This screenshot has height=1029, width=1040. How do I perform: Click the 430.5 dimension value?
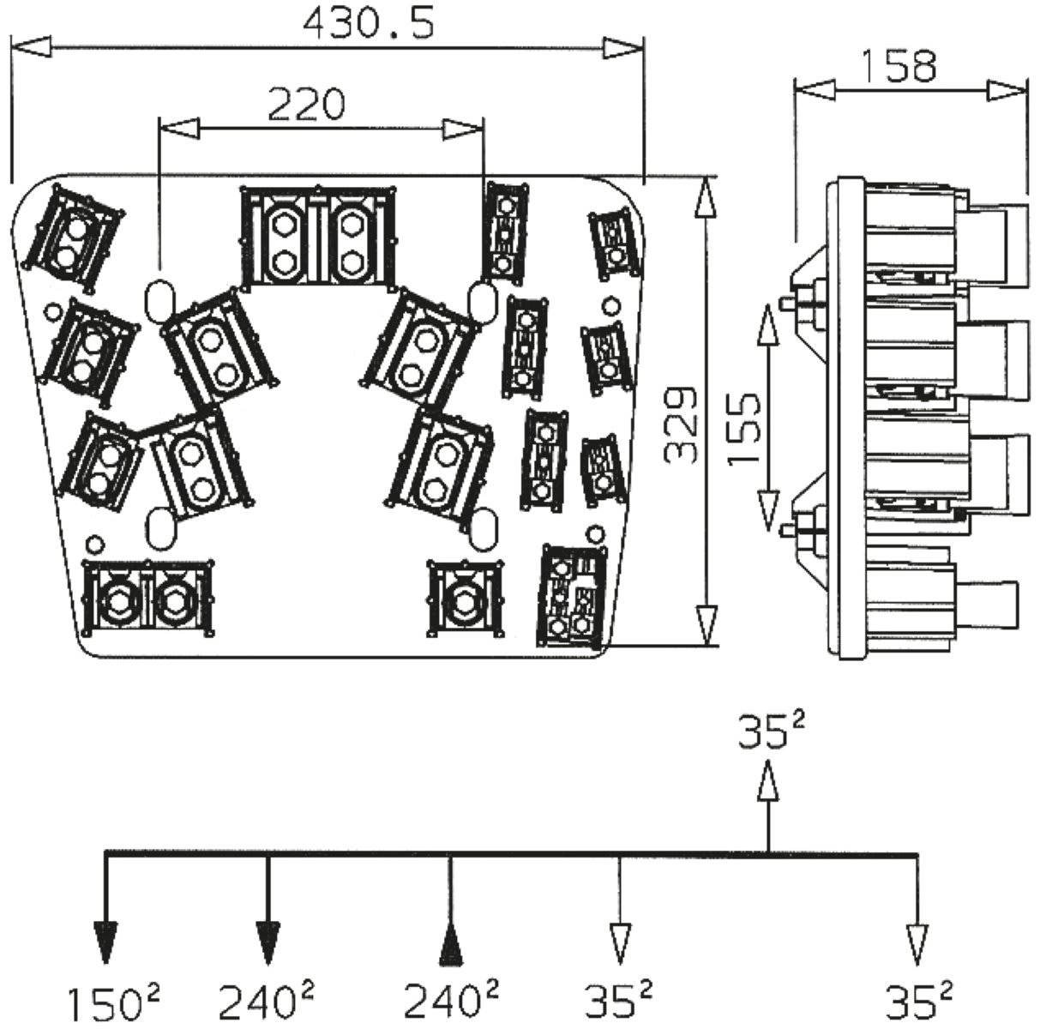click(368, 23)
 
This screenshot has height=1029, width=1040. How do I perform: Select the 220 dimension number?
click(306, 105)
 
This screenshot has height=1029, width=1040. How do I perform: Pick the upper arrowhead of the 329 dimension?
click(705, 199)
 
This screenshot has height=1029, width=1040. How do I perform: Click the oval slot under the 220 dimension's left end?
click(159, 296)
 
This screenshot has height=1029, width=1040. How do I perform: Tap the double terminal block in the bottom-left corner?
click(147, 598)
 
